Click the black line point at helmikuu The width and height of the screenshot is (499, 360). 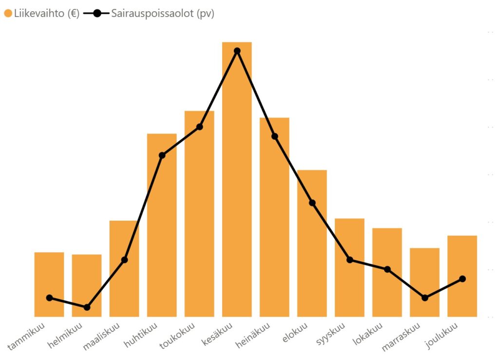point(87,307)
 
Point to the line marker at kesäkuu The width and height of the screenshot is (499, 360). point(237,51)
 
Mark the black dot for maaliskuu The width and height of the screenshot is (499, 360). point(124,260)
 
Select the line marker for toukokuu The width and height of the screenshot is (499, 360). point(199,127)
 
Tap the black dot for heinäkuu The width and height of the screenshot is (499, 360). point(274,136)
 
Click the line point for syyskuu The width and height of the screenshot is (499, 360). point(349,260)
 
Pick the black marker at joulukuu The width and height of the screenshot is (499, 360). point(462,279)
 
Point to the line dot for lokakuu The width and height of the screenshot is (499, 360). point(387,269)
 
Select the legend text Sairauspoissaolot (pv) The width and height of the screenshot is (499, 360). point(162,14)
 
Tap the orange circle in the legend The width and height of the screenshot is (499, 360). point(8,14)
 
